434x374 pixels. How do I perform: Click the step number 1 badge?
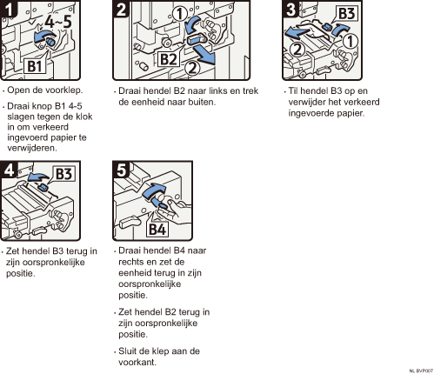[x=9, y=9]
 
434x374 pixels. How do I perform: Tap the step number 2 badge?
[x=121, y=9]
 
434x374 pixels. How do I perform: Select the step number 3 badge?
[x=290, y=9]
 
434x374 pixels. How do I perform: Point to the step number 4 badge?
[x=9, y=170]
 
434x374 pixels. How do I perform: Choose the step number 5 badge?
[x=121, y=170]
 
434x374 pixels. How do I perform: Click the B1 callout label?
[x=35, y=66]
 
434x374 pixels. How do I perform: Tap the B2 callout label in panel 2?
[x=169, y=59]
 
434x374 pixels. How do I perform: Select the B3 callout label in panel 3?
[x=347, y=13]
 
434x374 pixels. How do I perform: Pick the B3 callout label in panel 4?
[x=63, y=174]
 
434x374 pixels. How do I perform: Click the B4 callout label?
[x=157, y=229]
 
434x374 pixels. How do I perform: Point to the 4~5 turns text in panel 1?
[x=58, y=22]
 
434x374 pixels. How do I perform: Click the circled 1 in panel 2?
[x=180, y=14]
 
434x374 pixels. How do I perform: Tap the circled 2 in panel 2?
[x=192, y=68]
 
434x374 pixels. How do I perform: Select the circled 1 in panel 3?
[x=351, y=41]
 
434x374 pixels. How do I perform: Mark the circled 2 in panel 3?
[x=297, y=49]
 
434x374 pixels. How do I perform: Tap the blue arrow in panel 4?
[x=37, y=177]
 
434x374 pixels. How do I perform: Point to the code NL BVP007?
[x=421, y=371]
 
